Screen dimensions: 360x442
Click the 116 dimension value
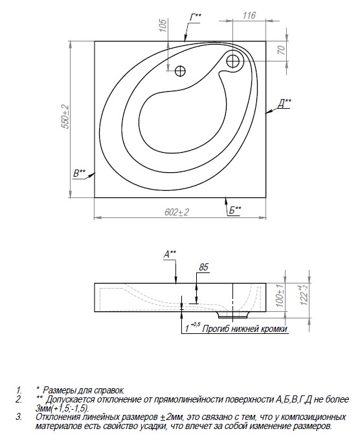[249, 16]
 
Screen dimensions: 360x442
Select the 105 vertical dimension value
[163, 25]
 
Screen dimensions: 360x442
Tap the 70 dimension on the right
[281, 50]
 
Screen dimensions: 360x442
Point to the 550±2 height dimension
[65, 116]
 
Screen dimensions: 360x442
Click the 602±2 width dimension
[177, 212]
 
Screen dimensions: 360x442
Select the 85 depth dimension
[203, 267]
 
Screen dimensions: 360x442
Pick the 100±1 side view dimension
[280, 295]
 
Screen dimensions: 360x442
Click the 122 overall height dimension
[304, 295]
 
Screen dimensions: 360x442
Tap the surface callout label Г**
[196, 17]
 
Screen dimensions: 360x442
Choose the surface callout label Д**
[284, 104]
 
